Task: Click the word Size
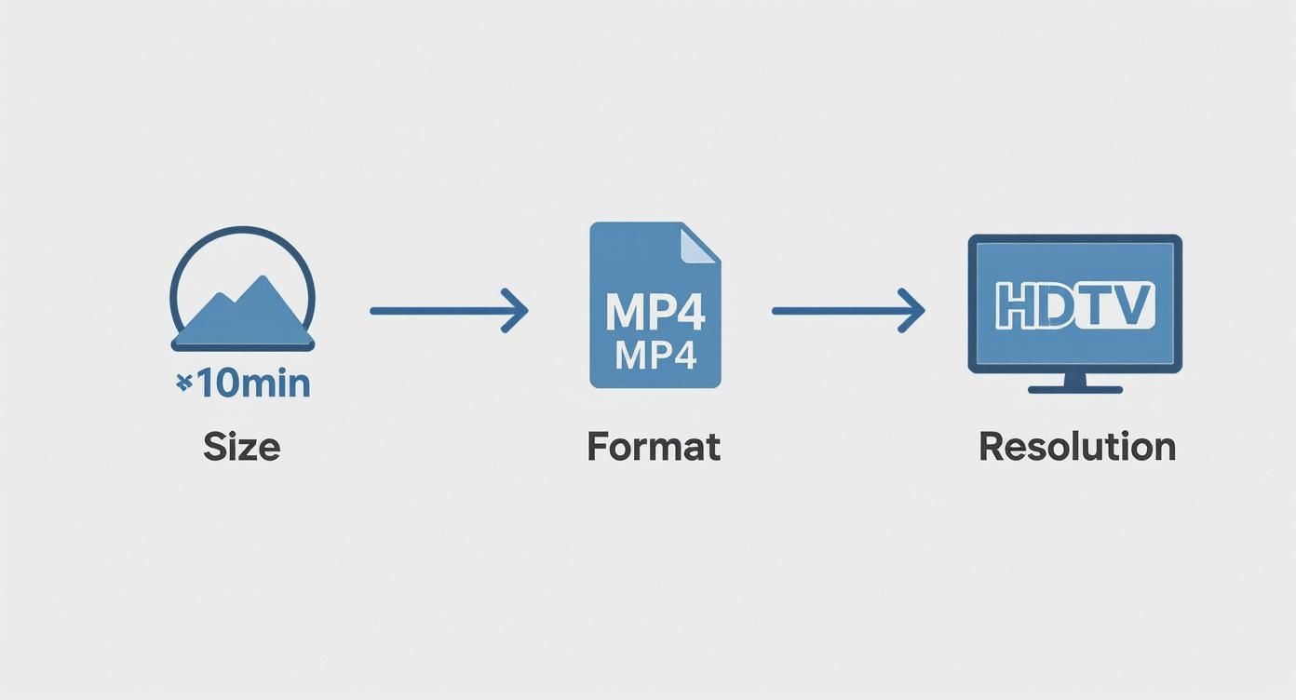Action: pyautogui.click(x=241, y=447)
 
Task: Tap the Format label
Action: pyautogui.click(x=654, y=447)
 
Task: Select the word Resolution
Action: pyautogui.click(x=1077, y=447)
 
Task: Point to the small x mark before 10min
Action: pyautogui.click(x=183, y=382)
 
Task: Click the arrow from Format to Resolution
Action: pyautogui.click(x=848, y=310)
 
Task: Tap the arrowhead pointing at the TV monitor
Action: pyautogui.click(x=912, y=310)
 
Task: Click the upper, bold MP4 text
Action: pyautogui.click(x=655, y=314)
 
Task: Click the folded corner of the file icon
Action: pyautogui.click(x=697, y=244)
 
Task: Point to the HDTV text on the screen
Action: pyautogui.click(x=1075, y=304)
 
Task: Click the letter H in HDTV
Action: pyautogui.click(x=1014, y=304)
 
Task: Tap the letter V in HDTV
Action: pyautogui.click(x=1136, y=304)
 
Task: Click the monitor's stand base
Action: pyautogui.click(x=1075, y=388)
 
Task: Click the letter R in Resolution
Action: pyautogui.click(x=991, y=447)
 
